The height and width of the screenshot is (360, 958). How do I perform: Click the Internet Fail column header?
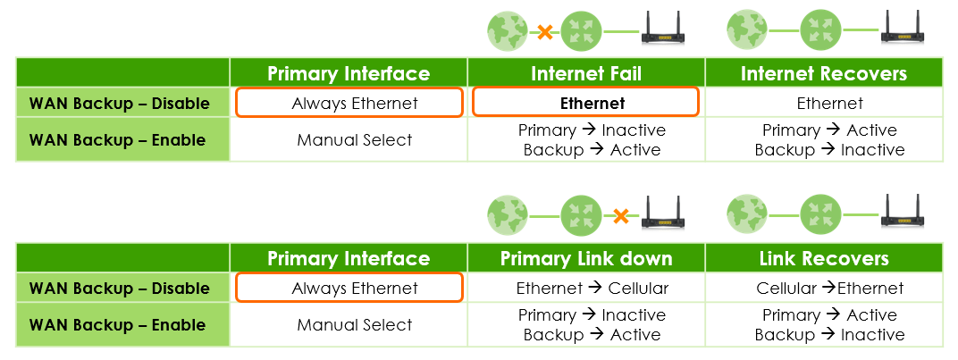pyautogui.click(x=586, y=73)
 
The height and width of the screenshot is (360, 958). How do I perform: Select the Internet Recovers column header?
pyautogui.click(x=823, y=73)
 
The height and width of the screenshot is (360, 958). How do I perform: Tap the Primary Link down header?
pyautogui.click(x=586, y=259)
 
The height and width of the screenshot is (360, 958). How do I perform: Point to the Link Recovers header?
pyautogui.click(x=823, y=259)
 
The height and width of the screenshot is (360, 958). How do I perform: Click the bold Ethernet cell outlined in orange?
pyautogui.click(x=586, y=103)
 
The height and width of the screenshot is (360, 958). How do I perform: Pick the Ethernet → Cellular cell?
pyautogui.click(x=586, y=289)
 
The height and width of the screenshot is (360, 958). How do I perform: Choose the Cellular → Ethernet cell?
pyautogui.click(x=823, y=289)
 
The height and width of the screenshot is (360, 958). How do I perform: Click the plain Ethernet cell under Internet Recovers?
pyautogui.click(x=823, y=103)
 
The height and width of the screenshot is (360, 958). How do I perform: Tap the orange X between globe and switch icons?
pyautogui.click(x=544, y=32)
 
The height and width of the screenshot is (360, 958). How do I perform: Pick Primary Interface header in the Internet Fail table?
pyautogui.click(x=349, y=73)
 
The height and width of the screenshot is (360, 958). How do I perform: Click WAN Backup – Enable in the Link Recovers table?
pyautogui.click(x=118, y=325)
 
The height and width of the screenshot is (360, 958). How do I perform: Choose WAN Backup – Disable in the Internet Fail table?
pyautogui.click(x=118, y=103)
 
